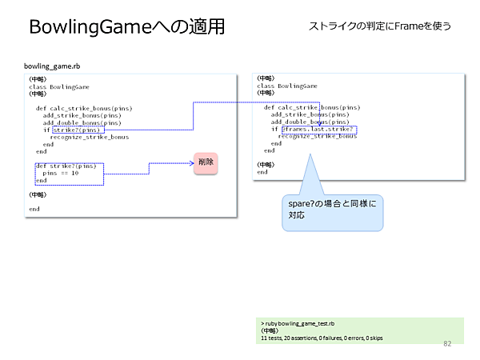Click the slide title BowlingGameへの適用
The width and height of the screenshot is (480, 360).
pyautogui.click(x=126, y=26)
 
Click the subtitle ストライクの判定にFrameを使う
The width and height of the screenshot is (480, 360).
pyautogui.click(x=380, y=26)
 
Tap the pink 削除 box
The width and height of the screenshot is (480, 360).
pyautogui.click(x=206, y=163)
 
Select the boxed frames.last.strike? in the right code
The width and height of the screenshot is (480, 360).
pyautogui.click(x=318, y=129)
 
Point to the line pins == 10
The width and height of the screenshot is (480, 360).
pyautogui.click(x=61, y=173)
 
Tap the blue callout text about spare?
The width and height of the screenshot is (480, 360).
pyautogui.click(x=331, y=210)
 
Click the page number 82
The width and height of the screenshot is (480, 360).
pyautogui.click(x=447, y=342)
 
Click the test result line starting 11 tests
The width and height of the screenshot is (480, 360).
pyautogui.click(x=322, y=338)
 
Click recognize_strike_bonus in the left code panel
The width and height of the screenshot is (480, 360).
pyautogui.click(x=89, y=137)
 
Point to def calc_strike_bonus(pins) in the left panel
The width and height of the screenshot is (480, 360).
pyautogui.click(x=84, y=108)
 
